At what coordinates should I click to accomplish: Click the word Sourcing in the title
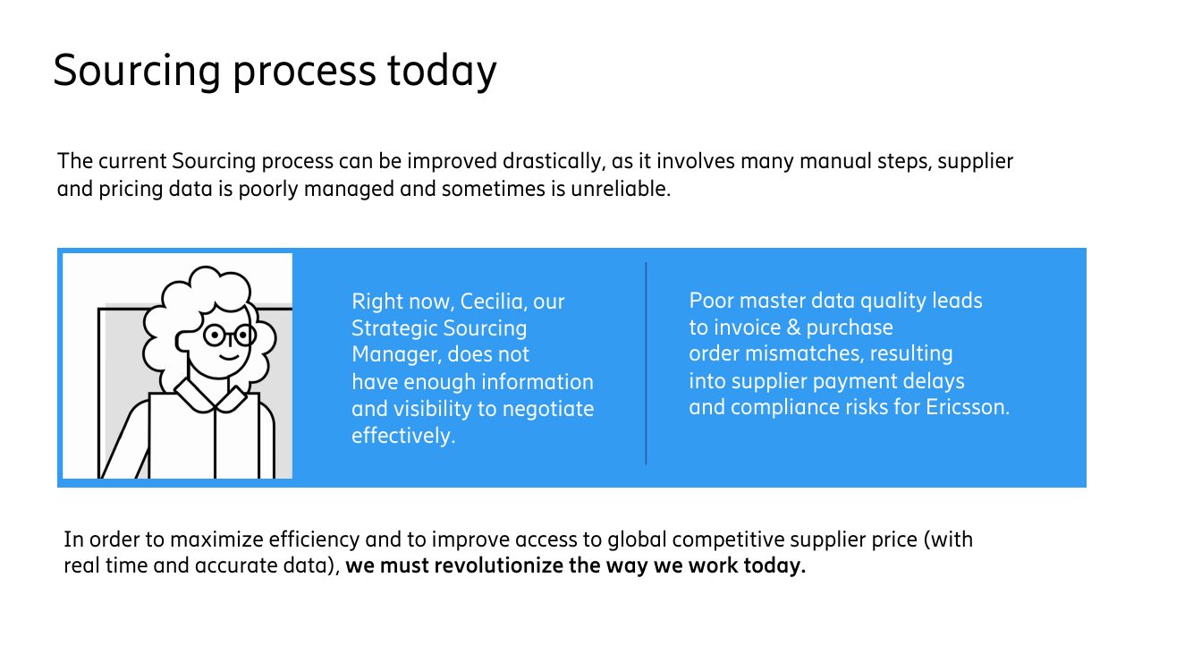(137, 72)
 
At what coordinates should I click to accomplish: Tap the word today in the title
(442, 72)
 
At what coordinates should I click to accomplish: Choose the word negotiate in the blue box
(548, 410)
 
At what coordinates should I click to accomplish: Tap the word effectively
(403, 436)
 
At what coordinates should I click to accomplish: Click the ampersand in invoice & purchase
(793, 327)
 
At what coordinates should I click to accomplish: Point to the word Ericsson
(967, 408)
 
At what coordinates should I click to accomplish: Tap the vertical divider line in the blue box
(646, 363)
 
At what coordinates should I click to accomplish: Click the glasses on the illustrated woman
(230, 335)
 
